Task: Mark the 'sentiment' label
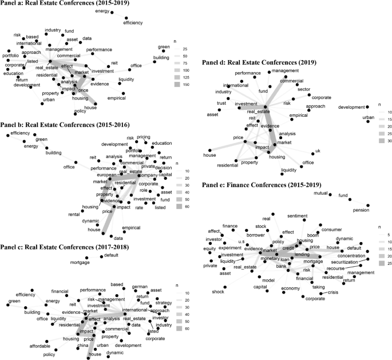[x=297, y=216]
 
